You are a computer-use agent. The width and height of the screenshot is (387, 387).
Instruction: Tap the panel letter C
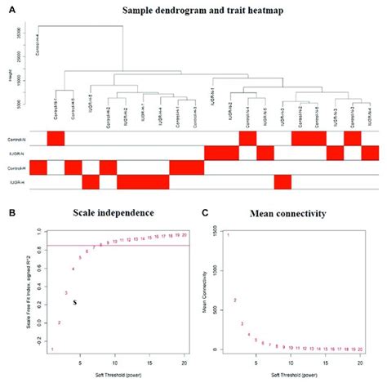click(x=205, y=211)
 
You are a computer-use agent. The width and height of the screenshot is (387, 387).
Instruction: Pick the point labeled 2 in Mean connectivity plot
click(x=235, y=300)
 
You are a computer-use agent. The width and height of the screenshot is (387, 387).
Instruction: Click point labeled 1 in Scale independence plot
click(x=51, y=349)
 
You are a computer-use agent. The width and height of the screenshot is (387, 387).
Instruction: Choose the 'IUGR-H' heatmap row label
click(x=16, y=181)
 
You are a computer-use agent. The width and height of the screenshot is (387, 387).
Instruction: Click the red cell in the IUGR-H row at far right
click(x=282, y=181)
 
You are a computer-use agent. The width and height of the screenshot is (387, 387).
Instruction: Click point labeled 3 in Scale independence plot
click(x=66, y=292)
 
